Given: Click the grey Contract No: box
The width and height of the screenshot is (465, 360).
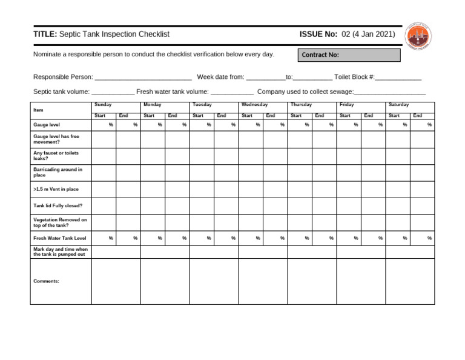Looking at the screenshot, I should [349, 55].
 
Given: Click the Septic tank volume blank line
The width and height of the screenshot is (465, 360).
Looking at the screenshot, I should [113, 93].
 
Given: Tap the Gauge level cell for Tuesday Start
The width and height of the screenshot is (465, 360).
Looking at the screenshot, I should [202, 125].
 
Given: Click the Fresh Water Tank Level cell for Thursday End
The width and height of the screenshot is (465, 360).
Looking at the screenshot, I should [325, 238].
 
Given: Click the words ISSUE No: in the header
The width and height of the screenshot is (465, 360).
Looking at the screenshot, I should [318, 35].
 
